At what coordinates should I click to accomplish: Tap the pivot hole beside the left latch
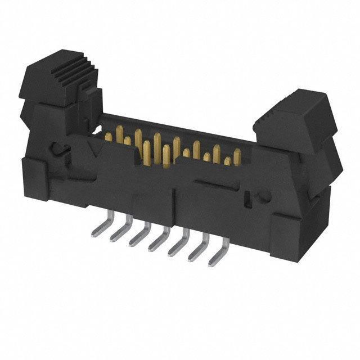(58, 150)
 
